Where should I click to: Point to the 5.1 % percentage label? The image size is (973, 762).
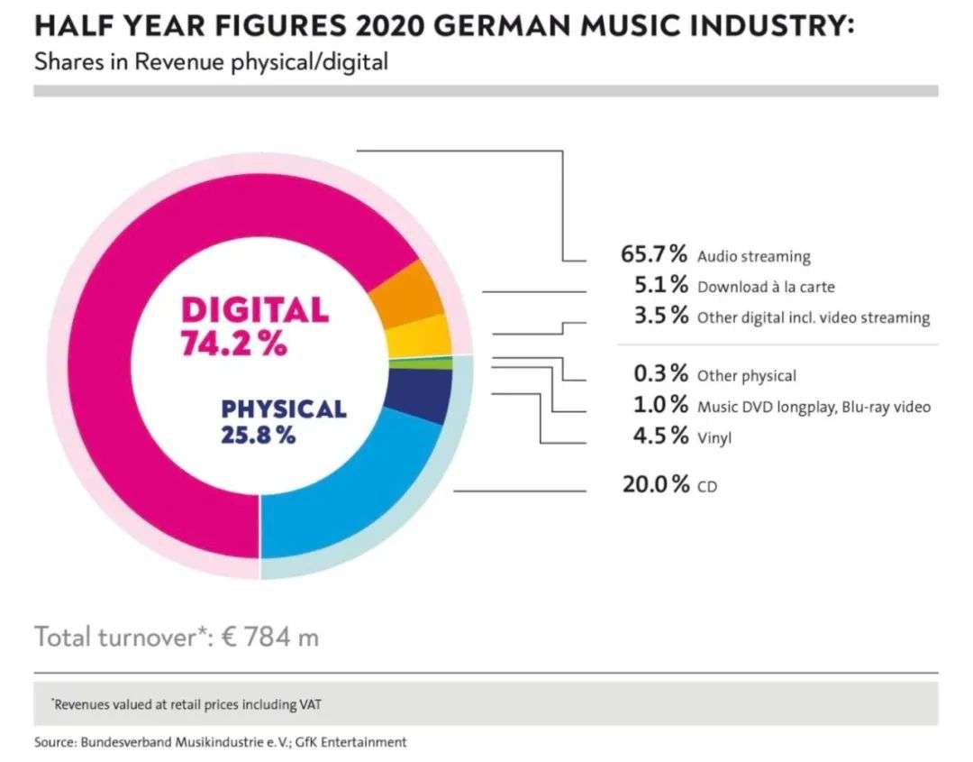click(x=661, y=286)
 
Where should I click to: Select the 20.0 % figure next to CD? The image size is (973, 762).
click(x=655, y=484)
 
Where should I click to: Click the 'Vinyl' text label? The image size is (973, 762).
click(x=714, y=438)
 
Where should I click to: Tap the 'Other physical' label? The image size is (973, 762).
click(x=747, y=376)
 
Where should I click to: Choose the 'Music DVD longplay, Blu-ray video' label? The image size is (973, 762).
click(x=814, y=407)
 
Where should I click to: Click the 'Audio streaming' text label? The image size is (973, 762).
click(x=754, y=256)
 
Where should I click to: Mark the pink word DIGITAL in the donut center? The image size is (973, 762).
click(x=255, y=310)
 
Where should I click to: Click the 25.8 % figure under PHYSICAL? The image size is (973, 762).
click(x=259, y=435)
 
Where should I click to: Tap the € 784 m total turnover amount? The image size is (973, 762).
click(x=271, y=638)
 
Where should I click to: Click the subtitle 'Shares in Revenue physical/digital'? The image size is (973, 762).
click(x=212, y=63)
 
